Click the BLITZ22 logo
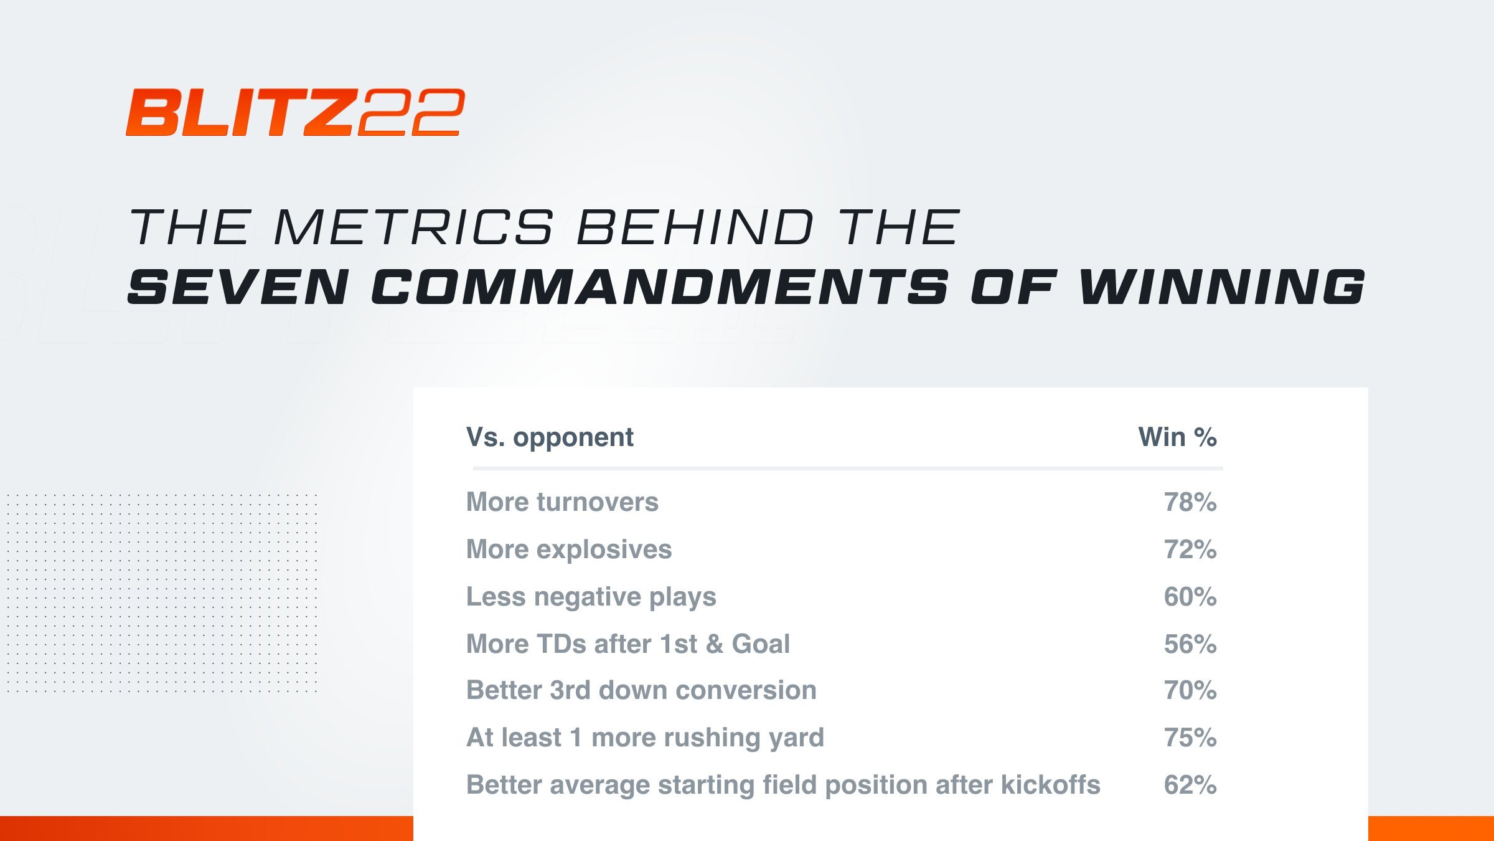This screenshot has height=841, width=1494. (x=295, y=112)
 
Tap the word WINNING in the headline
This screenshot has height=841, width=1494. (x=1222, y=287)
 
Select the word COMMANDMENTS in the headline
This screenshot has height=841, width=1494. (x=660, y=287)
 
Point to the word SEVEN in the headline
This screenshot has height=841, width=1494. (x=238, y=287)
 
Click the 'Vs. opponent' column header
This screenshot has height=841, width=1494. (x=550, y=437)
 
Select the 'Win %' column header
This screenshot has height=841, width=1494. (x=1178, y=437)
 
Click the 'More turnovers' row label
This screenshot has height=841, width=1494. (x=562, y=502)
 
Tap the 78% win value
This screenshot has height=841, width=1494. (x=1190, y=502)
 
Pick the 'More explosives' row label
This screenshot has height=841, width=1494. (x=569, y=549)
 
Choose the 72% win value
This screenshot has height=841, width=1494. (x=1190, y=549)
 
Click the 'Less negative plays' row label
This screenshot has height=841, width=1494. (x=591, y=597)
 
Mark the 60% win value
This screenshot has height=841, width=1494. (x=1190, y=597)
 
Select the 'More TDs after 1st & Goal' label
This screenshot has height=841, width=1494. (x=628, y=644)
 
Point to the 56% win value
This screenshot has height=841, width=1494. (x=1190, y=644)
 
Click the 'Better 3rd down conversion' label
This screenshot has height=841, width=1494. (x=641, y=690)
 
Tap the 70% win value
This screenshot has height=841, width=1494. (x=1190, y=690)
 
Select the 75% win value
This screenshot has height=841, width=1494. (x=1190, y=738)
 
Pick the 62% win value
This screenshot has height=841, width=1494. (x=1190, y=785)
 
